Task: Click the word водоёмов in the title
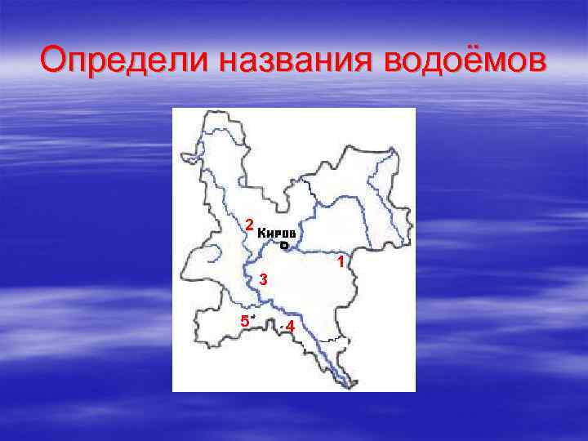click(x=463, y=60)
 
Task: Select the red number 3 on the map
click(x=263, y=280)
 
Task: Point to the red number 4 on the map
click(x=290, y=327)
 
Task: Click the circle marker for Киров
click(x=284, y=245)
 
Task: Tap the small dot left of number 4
click(x=281, y=326)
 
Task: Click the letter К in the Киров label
click(x=262, y=233)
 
